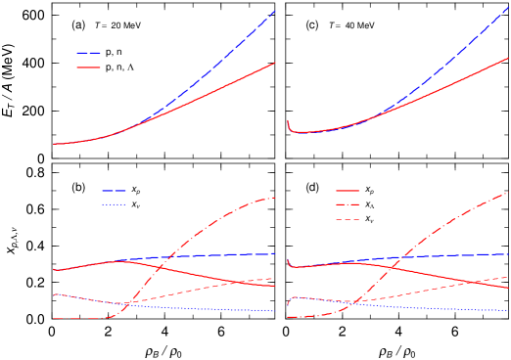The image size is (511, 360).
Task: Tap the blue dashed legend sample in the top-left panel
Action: (x=89, y=53)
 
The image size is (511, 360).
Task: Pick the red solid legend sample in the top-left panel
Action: (x=89, y=67)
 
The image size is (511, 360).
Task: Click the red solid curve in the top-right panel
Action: (x=460, y=80)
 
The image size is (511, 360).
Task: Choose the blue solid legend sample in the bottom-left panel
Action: (x=114, y=190)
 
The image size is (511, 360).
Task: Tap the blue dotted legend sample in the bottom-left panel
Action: (x=114, y=204)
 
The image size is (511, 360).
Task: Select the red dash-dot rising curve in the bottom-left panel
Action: (x=196, y=235)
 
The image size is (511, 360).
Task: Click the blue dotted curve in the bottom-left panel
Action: (x=196, y=307)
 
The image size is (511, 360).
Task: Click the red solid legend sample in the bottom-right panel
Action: (x=348, y=191)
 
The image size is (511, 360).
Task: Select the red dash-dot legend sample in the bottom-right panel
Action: (x=348, y=205)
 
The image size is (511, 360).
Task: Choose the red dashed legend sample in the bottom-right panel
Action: (x=348, y=220)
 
